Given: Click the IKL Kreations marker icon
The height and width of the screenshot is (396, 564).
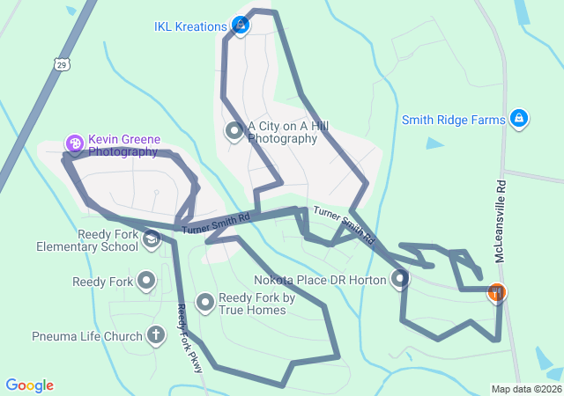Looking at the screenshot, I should [x=240, y=26].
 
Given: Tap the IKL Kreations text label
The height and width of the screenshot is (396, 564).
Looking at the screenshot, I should [x=189, y=26].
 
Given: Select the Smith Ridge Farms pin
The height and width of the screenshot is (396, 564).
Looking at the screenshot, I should [x=519, y=119].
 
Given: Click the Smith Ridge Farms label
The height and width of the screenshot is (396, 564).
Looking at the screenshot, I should [x=454, y=120].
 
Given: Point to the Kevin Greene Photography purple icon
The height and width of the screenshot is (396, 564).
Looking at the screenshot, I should [x=75, y=143].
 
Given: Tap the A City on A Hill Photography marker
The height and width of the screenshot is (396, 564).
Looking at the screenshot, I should [x=234, y=132].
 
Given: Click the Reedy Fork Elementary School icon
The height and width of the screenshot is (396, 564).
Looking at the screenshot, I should [x=152, y=239].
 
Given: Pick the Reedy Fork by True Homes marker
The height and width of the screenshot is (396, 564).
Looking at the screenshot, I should [x=205, y=304].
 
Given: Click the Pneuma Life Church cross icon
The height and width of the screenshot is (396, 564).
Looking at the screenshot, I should [x=156, y=335].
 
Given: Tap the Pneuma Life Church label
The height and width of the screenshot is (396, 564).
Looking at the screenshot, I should [x=86, y=336].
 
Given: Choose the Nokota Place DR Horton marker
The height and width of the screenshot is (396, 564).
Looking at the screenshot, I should [x=400, y=280].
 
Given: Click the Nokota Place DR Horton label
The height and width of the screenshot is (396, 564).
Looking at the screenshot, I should [x=320, y=280].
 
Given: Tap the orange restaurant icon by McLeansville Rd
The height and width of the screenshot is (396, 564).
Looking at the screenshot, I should [x=497, y=291].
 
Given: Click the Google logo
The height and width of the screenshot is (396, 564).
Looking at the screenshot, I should [x=29, y=385].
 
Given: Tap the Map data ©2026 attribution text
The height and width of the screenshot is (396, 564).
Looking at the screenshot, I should [x=525, y=389].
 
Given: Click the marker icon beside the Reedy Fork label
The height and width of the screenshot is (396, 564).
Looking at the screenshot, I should [x=146, y=282].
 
